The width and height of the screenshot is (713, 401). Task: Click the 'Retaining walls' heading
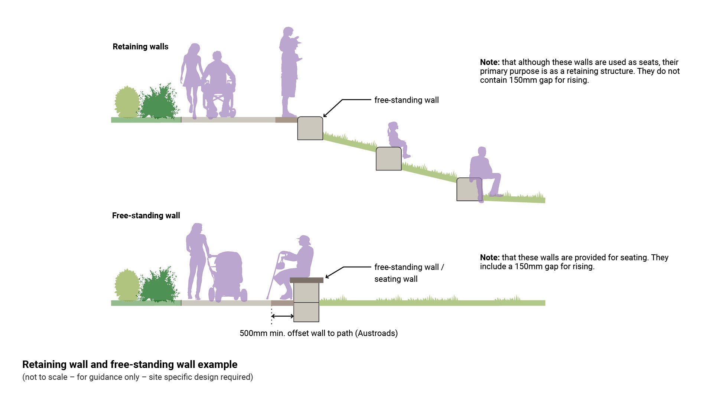click(x=140, y=47)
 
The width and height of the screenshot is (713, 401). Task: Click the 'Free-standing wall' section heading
click(x=146, y=216)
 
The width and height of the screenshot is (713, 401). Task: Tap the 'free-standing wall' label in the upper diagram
click(x=406, y=100)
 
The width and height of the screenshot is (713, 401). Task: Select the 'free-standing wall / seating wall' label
click(x=408, y=273)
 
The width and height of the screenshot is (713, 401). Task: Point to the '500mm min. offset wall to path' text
click(x=318, y=333)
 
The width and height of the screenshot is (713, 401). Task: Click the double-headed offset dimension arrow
click(x=283, y=316)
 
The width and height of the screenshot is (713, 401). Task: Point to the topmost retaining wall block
click(x=310, y=128)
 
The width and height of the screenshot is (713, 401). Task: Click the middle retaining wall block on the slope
click(x=388, y=159)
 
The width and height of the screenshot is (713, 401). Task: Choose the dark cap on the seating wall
click(x=306, y=280)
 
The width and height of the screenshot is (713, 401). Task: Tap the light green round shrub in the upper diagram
click(x=127, y=102)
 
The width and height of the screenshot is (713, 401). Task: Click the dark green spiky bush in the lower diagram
click(x=159, y=286)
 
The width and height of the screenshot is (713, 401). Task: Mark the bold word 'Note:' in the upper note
click(x=489, y=62)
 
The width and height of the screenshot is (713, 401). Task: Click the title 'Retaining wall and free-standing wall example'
click(x=130, y=365)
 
